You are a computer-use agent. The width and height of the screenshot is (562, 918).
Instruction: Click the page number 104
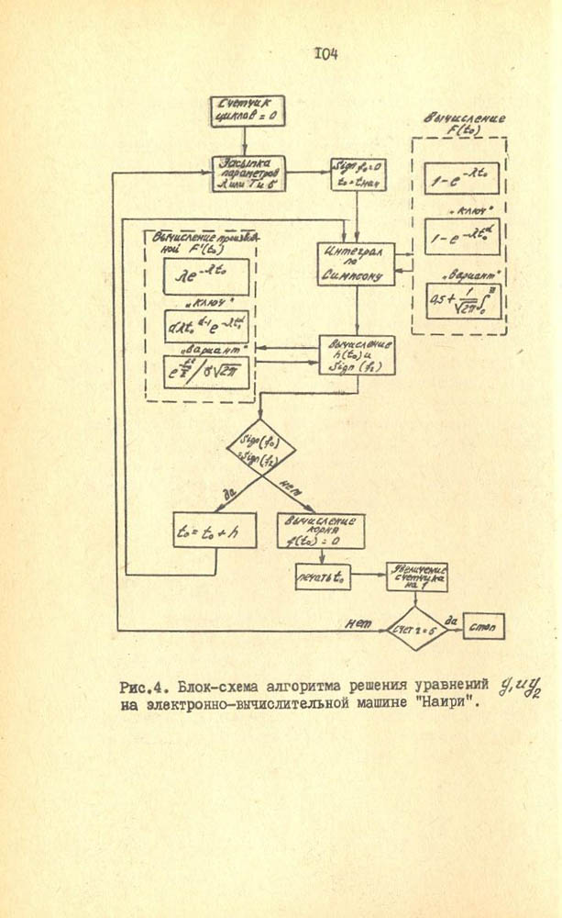[326, 54]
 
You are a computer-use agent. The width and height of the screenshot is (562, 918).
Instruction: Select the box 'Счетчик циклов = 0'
[246, 111]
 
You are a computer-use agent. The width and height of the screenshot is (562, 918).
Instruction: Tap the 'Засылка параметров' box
[249, 173]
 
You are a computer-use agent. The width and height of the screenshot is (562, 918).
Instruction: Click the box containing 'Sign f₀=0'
[358, 174]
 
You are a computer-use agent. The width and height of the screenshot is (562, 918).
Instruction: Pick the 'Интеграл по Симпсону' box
[356, 263]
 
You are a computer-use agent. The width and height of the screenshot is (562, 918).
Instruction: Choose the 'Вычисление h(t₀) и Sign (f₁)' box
[356, 354]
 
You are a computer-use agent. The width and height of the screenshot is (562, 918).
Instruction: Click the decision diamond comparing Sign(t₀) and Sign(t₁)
[260, 449]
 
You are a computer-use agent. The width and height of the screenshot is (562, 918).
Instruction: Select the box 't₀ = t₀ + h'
[215, 530]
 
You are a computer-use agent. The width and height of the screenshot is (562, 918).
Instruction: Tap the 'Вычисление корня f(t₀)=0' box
[320, 530]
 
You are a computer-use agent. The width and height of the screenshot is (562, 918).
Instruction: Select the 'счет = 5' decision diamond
[415, 628]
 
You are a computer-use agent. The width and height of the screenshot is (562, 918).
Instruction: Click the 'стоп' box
[483, 626]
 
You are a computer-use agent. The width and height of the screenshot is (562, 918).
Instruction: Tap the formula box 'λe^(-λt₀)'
[206, 274]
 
